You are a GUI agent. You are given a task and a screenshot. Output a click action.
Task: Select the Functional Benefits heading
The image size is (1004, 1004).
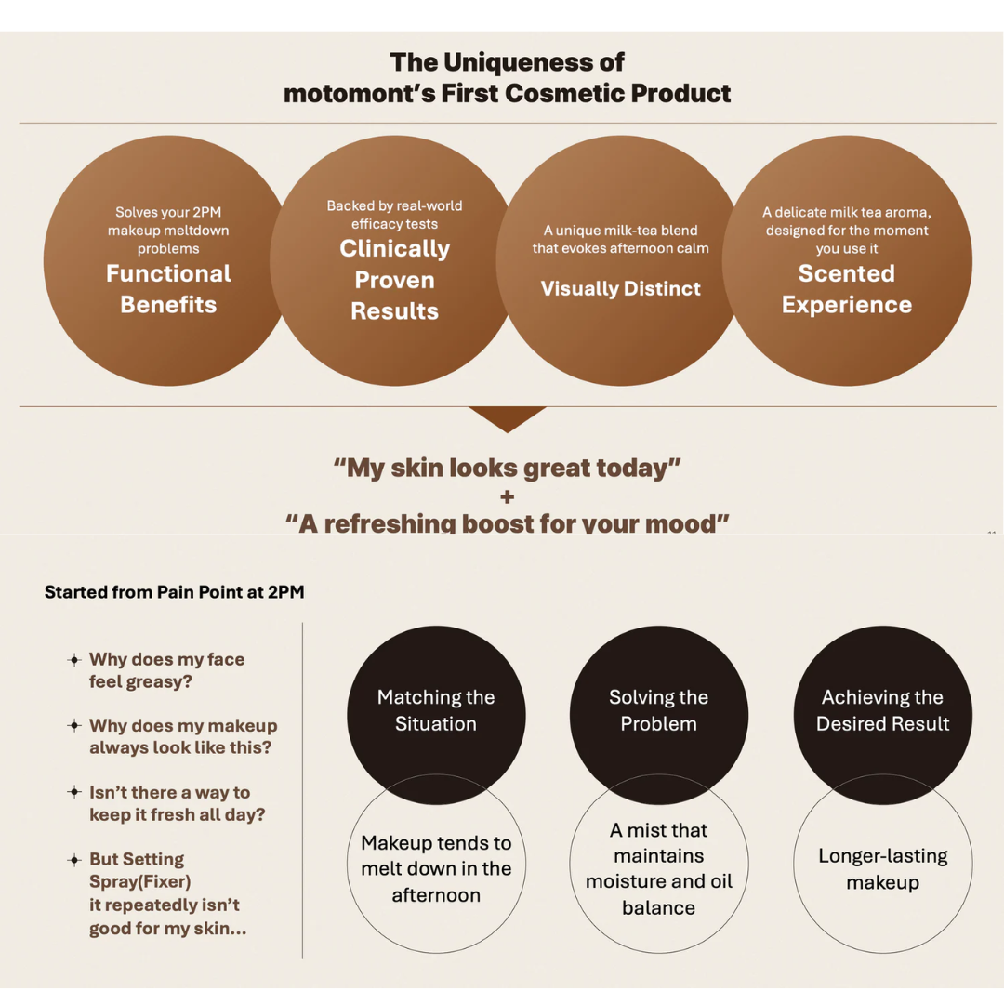(168, 289)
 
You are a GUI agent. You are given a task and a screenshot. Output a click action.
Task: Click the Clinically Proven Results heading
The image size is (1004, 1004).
(394, 280)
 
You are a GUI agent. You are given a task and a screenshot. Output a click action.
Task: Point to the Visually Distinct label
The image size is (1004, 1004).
(620, 289)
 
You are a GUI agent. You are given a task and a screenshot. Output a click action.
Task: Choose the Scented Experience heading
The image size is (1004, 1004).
(847, 289)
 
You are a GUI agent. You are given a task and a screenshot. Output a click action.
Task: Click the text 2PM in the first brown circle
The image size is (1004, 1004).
(205, 212)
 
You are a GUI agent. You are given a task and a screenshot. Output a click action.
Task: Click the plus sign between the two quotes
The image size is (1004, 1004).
(508, 496)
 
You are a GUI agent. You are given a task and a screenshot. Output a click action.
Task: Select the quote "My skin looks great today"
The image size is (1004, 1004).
(508, 468)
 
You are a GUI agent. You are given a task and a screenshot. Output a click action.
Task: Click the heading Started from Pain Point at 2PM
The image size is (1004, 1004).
(174, 592)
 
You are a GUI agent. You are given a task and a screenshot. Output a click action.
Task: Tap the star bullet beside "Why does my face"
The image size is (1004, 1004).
(74, 659)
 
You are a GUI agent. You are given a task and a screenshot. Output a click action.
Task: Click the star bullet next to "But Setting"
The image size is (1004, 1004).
(74, 859)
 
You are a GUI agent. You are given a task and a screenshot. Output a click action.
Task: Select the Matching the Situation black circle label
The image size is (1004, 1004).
(436, 710)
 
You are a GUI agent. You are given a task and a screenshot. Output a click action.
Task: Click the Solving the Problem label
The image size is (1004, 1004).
(659, 710)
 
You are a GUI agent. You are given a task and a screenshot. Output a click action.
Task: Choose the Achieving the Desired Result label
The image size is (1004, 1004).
(882, 710)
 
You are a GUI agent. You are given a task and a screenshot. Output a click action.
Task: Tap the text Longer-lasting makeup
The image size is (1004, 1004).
(882, 869)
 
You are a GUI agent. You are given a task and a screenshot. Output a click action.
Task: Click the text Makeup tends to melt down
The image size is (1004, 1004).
(436, 855)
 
